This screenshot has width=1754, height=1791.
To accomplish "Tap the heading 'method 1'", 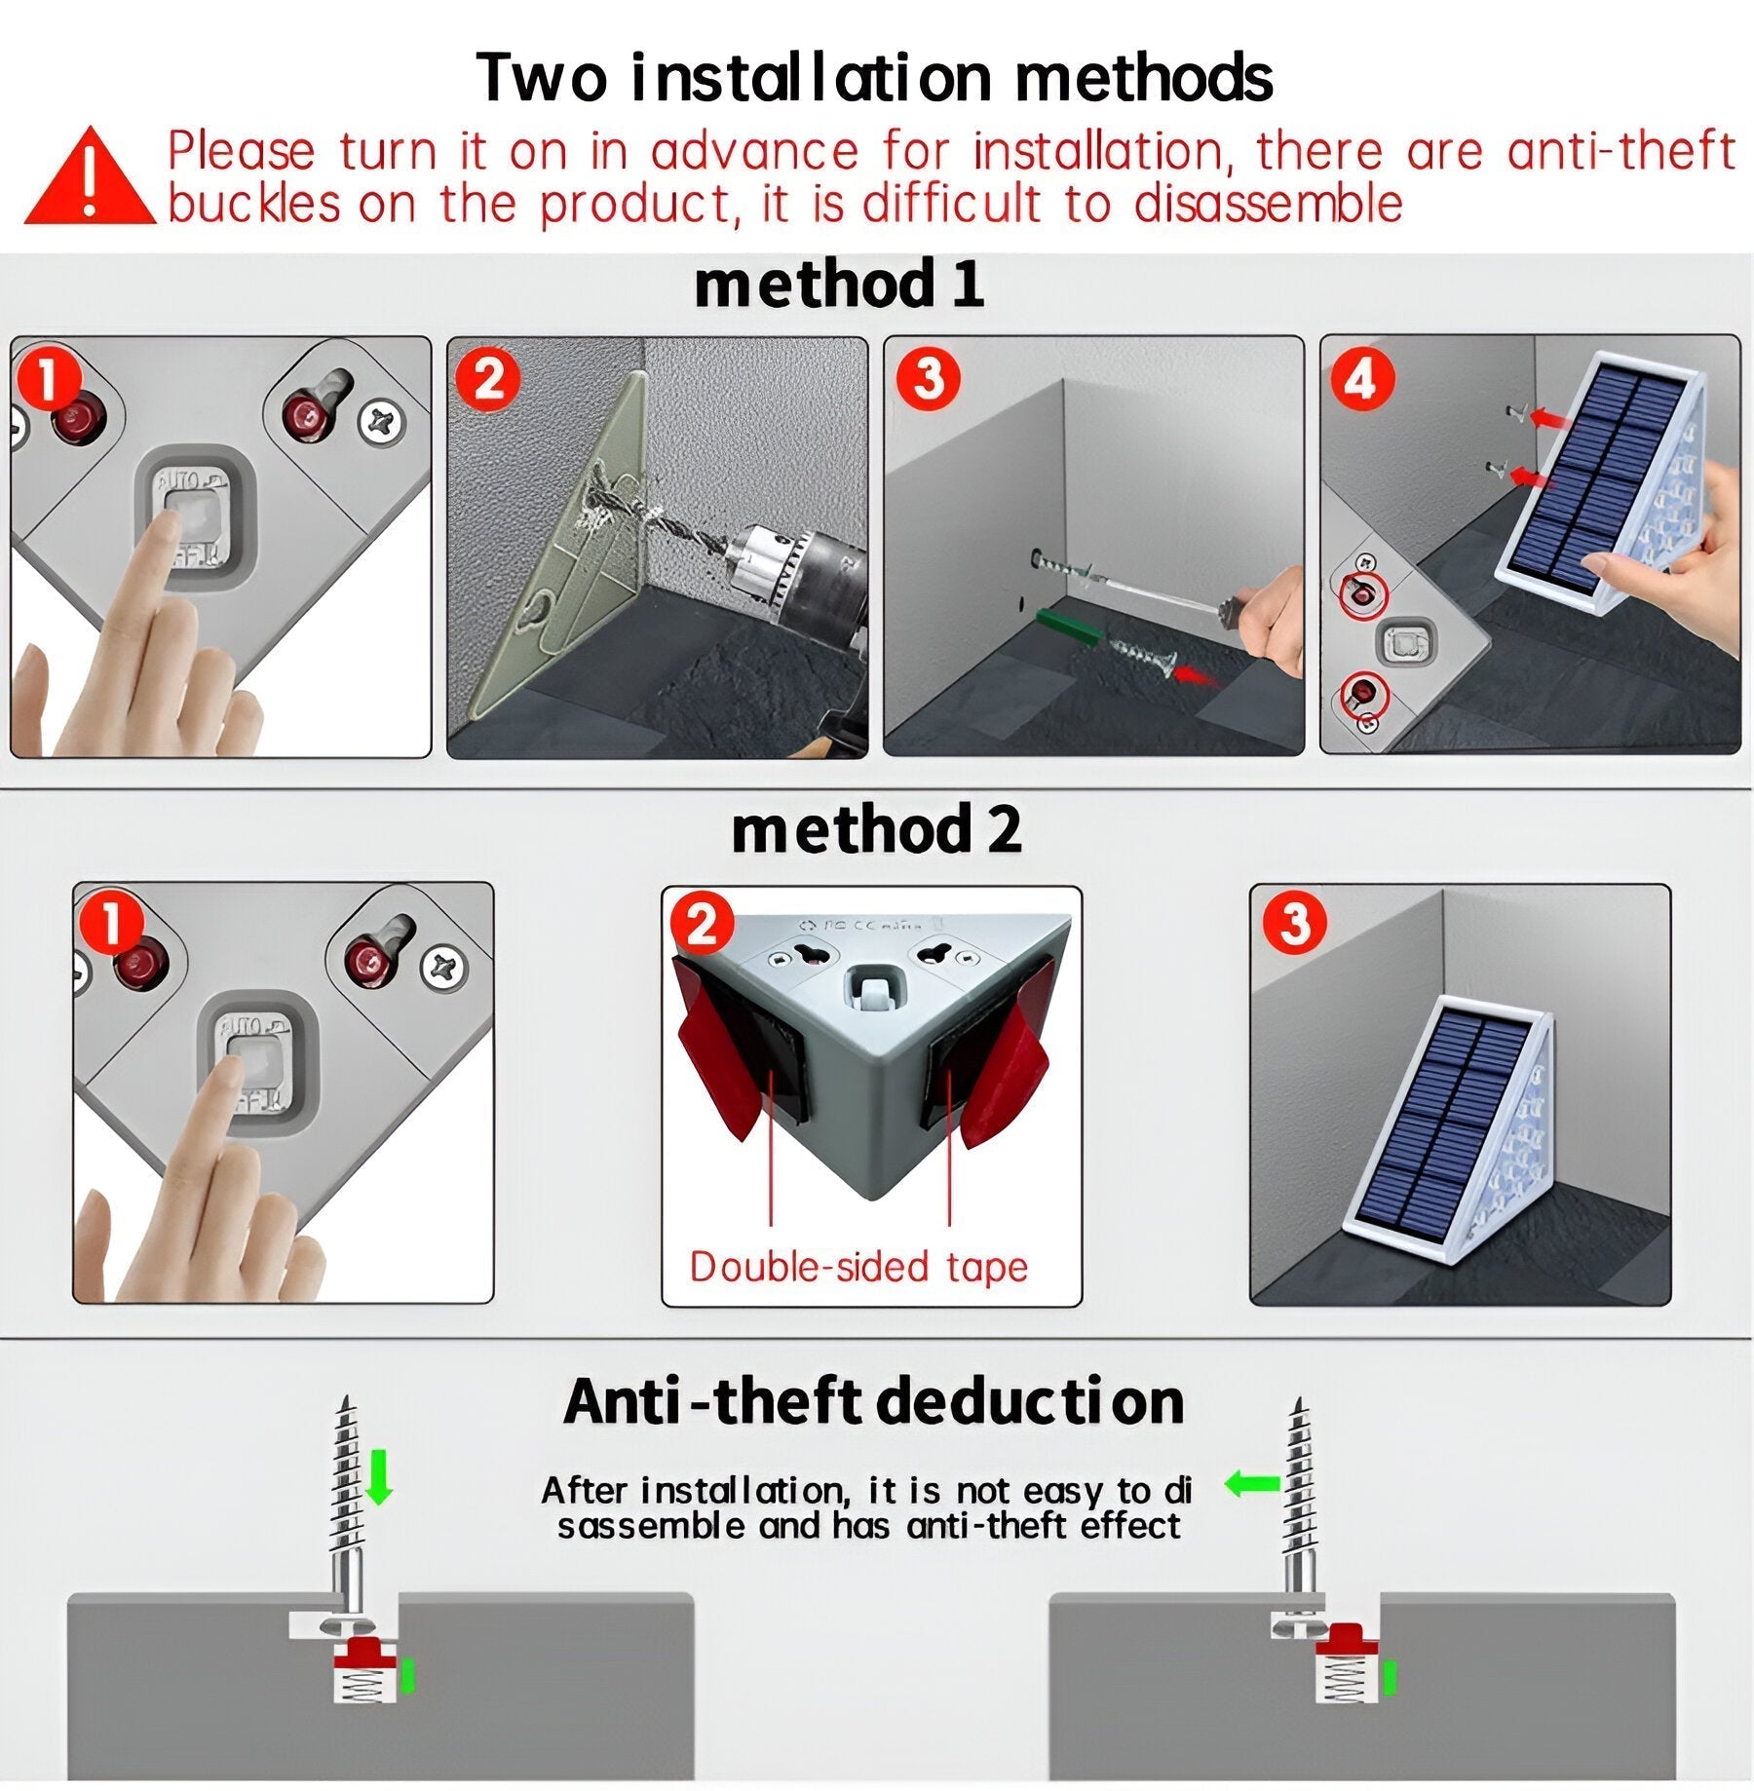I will click(839, 285).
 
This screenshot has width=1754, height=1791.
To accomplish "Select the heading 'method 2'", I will click(876, 830).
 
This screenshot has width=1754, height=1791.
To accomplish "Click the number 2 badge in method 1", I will click(488, 379).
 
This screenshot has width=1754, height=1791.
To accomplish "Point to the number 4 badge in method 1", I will click(1361, 379).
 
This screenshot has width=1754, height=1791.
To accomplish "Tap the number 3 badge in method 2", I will click(1294, 922).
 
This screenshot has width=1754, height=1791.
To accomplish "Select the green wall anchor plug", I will click(1068, 629).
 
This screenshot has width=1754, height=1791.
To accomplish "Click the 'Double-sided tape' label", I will click(858, 1268).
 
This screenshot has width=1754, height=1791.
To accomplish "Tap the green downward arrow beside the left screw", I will click(379, 1477).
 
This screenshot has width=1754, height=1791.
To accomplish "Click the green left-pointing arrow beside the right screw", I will click(1251, 1484).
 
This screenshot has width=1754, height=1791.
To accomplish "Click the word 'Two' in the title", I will click(541, 78).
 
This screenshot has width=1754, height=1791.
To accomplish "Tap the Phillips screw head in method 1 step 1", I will click(381, 423).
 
